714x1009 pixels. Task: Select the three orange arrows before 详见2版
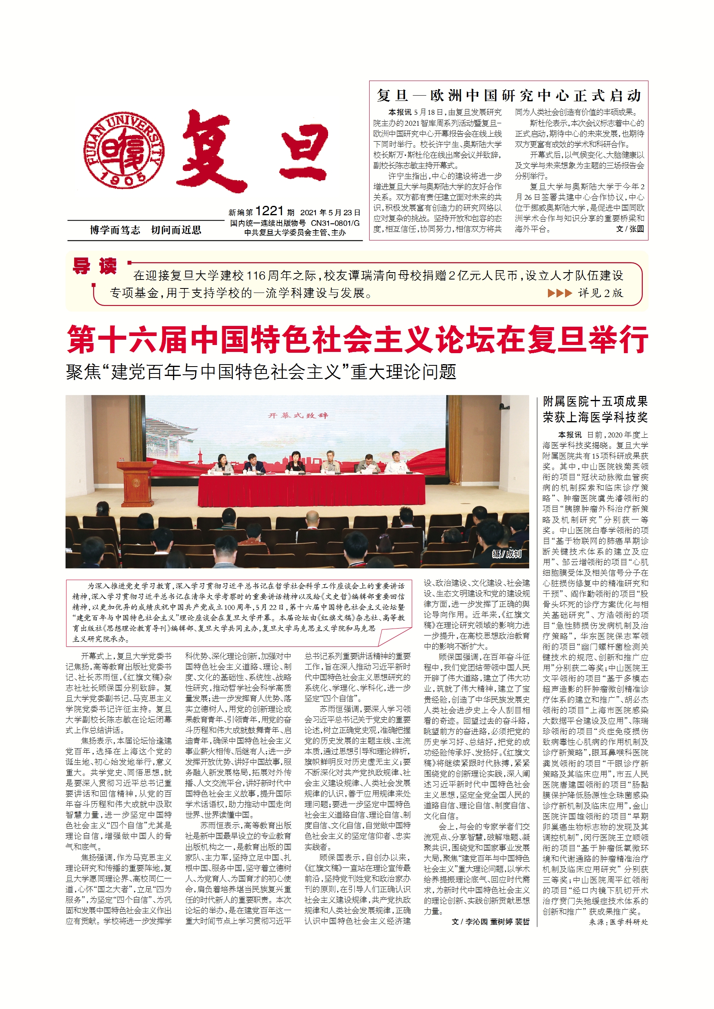(559, 293)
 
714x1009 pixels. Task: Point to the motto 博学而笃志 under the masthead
(115, 230)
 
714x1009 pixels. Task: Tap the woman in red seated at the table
(296, 463)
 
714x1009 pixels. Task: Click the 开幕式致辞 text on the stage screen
(298, 415)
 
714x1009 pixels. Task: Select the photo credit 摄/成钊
(506, 554)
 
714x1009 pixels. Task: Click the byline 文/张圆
(630, 229)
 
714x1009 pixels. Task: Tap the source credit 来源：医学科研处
(618, 922)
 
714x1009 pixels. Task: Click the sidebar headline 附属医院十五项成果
(595, 401)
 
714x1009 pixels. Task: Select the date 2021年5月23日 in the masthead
(330, 213)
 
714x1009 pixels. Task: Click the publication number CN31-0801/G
(335, 223)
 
